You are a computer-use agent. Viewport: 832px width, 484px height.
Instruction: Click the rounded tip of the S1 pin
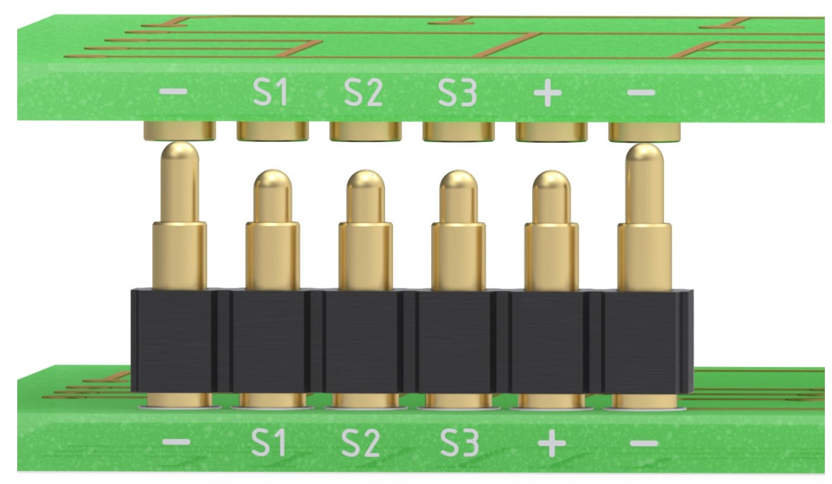(x=272, y=183)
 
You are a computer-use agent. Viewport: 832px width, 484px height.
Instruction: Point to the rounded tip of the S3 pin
(x=458, y=183)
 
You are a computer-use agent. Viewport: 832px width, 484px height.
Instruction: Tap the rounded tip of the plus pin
(x=551, y=183)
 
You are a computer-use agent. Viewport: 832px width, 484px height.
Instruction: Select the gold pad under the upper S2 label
(x=365, y=131)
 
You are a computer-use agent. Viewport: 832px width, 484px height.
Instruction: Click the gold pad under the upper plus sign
(x=552, y=131)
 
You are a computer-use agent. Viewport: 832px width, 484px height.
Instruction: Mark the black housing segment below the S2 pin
(x=364, y=341)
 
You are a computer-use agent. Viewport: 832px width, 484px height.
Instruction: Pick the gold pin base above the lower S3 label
(x=457, y=400)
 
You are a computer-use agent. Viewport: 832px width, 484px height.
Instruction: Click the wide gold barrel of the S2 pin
(x=364, y=255)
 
